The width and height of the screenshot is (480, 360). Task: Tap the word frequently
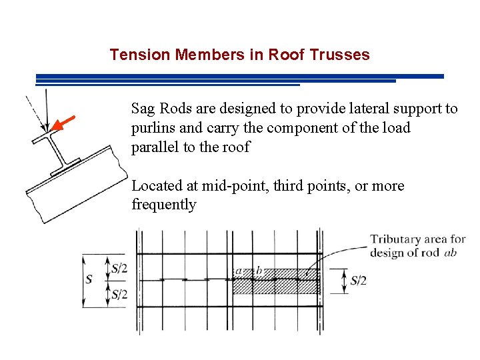pyautogui.click(x=164, y=205)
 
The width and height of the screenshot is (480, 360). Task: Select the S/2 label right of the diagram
pyautogui.click(x=358, y=281)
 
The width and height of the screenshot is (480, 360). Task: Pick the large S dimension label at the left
pyautogui.click(x=89, y=280)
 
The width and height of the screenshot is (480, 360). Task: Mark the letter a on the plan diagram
pyautogui.click(x=238, y=271)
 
